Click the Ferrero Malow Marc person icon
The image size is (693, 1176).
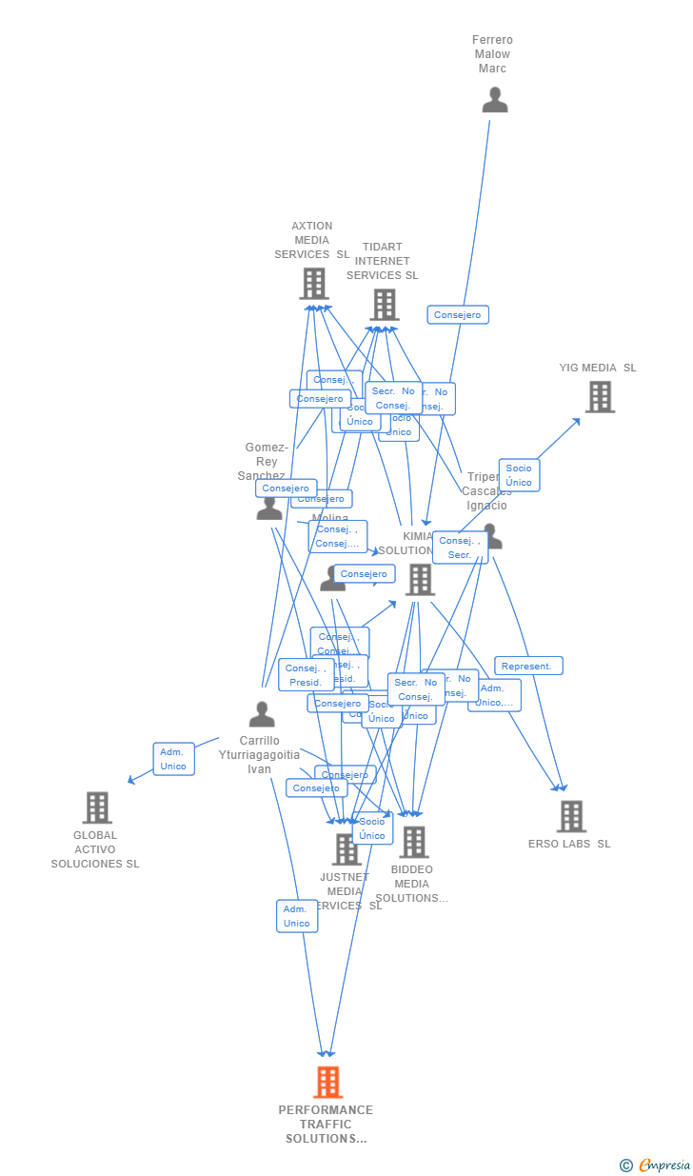(x=494, y=100)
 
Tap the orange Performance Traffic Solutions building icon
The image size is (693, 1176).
(x=327, y=1083)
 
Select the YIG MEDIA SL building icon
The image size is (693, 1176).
(x=600, y=397)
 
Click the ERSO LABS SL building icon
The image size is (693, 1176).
(x=570, y=816)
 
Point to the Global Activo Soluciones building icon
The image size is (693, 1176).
(x=97, y=807)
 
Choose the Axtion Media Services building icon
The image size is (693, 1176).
(x=314, y=284)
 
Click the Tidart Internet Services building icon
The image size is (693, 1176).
(x=384, y=305)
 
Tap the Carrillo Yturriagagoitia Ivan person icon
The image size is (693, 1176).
(x=262, y=714)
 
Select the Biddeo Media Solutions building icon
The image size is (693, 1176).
(x=413, y=842)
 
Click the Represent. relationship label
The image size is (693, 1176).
(x=528, y=666)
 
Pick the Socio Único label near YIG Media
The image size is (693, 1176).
(x=519, y=475)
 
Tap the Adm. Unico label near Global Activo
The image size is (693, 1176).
(x=173, y=759)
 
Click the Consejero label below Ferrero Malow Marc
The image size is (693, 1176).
(x=458, y=314)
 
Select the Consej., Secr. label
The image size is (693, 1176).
(x=460, y=548)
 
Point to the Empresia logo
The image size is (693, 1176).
(x=656, y=1165)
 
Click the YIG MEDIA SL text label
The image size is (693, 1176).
(x=598, y=368)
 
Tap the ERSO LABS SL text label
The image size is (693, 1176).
(x=569, y=844)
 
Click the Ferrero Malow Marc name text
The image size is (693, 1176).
(x=492, y=54)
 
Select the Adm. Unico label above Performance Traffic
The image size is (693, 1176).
(x=297, y=916)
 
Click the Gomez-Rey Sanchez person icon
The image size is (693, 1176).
(x=269, y=509)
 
